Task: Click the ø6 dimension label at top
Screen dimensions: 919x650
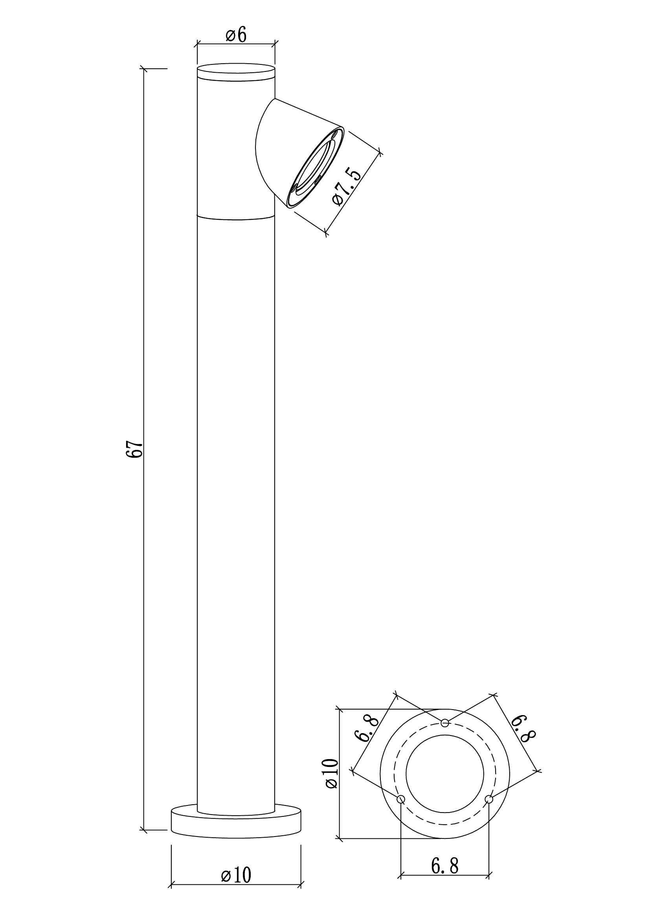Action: click(x=236, y=36)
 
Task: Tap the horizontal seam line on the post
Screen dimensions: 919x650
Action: click(x=236, y=218)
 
